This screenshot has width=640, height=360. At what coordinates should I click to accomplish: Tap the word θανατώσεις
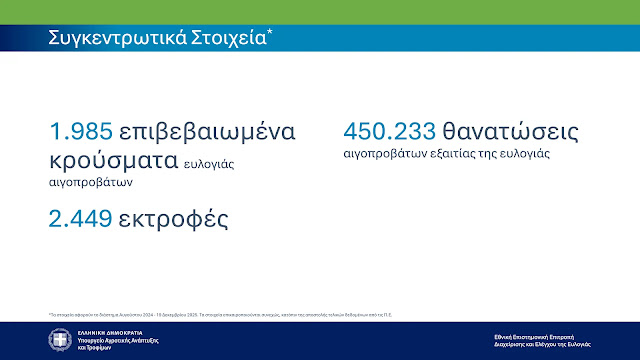(509, 132)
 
